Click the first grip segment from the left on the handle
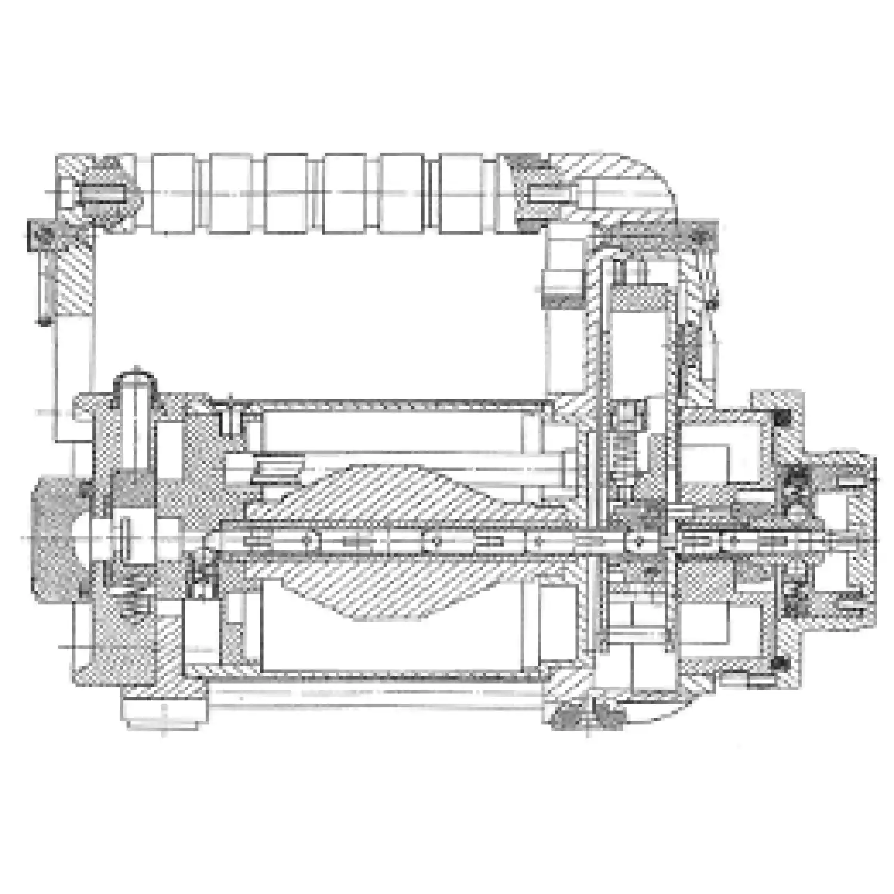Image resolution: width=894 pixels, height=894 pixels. point(173,194)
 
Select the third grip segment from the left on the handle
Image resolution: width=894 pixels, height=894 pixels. point(287,194)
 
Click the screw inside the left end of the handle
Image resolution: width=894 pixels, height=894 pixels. point(104,194)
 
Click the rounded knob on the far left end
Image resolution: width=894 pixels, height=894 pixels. point(57,539)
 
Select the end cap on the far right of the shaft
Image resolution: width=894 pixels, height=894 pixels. point(852,539)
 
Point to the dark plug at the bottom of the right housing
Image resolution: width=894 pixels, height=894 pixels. point(587,715)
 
